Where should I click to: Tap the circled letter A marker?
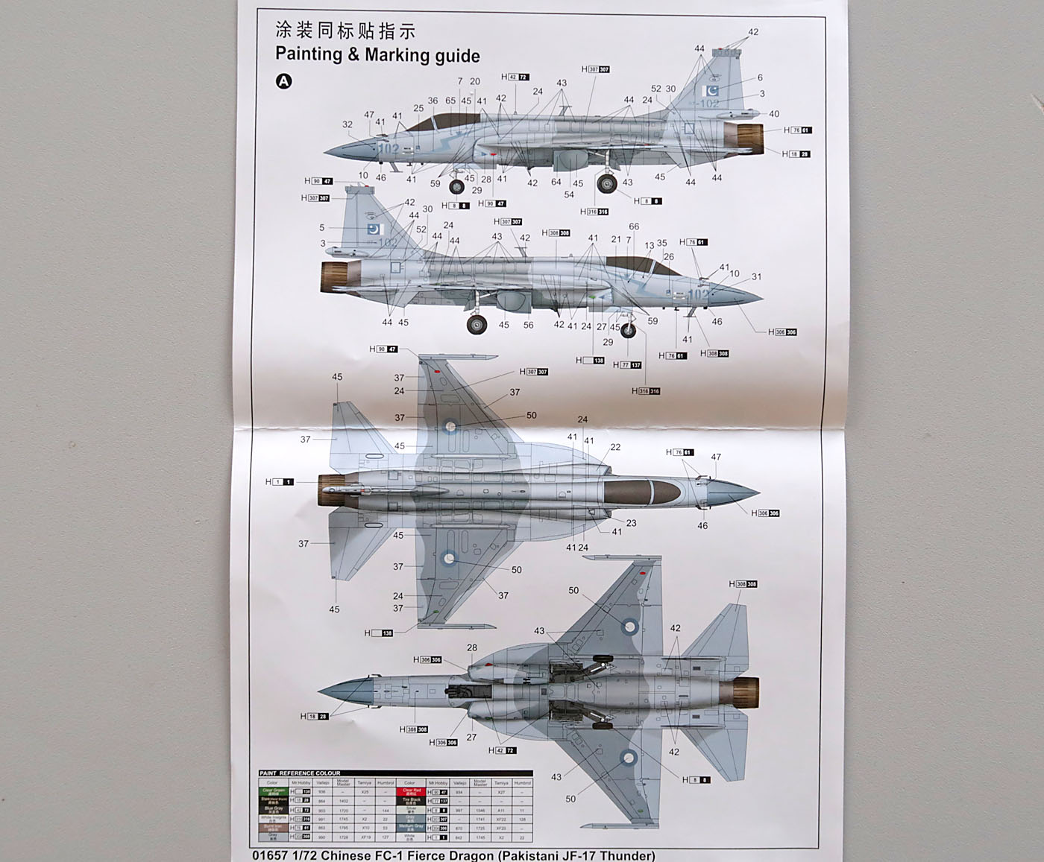tap(283, 81)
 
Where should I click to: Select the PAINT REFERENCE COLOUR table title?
tap(300, 773)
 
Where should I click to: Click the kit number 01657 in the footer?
tap(269, 855)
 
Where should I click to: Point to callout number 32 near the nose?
tap(348, 124)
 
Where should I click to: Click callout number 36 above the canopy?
tap(433, 101)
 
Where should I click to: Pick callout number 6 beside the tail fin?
tap(760, 77)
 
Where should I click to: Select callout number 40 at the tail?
tap(774, 114)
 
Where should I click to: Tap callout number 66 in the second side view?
tap(634, 226)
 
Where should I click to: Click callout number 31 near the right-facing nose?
tap(757, 276)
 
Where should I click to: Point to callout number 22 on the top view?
tap(615, 447)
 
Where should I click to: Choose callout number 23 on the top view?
tap(631, 523)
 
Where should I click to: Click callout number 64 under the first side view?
tap(556, 182)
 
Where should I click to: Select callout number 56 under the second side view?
tap(528, 325)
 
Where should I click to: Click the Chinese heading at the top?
tap(345, 31)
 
